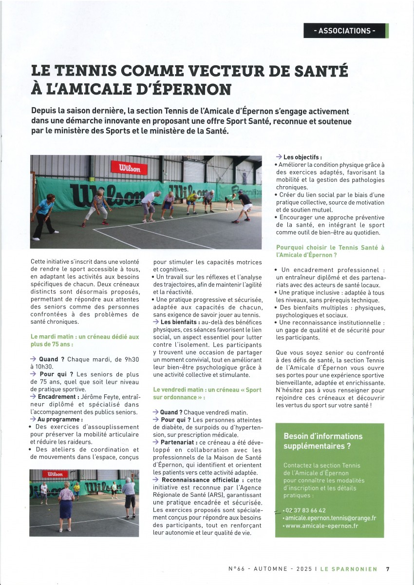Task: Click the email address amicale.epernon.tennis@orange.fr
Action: pos(329,518)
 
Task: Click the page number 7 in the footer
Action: pos(388,568)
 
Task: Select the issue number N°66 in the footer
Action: pos(237,568)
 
